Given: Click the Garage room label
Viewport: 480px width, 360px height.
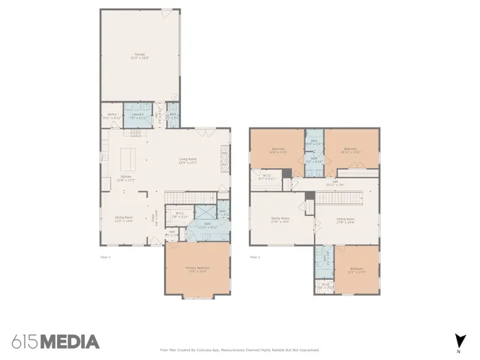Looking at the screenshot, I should tap(140, 56).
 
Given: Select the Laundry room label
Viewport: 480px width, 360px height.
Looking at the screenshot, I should tap(138, 116).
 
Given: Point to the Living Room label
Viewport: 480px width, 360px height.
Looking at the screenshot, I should tap(187, 161).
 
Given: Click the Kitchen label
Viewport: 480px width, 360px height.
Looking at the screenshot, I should tap(116, 178).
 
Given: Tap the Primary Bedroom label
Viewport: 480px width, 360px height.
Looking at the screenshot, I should tap(198, 269).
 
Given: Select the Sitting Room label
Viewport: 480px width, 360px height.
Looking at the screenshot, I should tap(346, 220).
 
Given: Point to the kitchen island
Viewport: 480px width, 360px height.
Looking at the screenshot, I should tap(129, 158).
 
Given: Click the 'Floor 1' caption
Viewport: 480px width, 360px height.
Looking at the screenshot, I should tap(105, 257).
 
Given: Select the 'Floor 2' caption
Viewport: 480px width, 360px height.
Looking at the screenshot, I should tap(254, 257).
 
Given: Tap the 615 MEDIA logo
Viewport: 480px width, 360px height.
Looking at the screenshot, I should tap(55, 342).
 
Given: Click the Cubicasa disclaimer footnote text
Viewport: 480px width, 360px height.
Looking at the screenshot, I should tap(239, 350).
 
